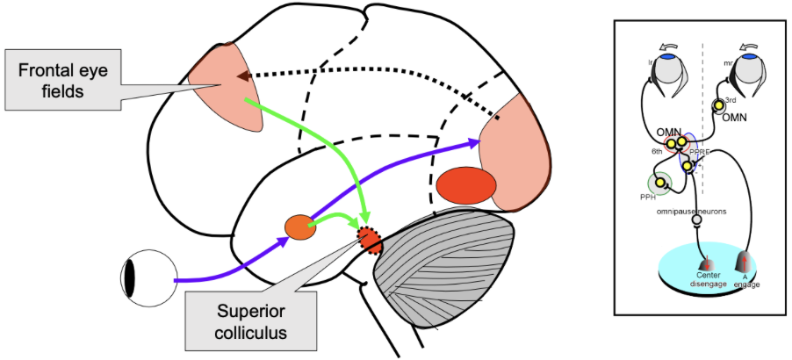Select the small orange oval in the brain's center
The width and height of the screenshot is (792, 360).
click(299, 227)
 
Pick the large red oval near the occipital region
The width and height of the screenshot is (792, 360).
click(466, 184)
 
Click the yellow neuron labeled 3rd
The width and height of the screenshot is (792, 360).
click(719, 106)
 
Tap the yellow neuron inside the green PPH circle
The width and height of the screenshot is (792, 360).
click(659, 182)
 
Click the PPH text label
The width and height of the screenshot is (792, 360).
click(649, 198)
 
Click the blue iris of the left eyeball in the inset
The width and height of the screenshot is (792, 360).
click(668, 56)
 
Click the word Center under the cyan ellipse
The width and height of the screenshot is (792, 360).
click(708, 273)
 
